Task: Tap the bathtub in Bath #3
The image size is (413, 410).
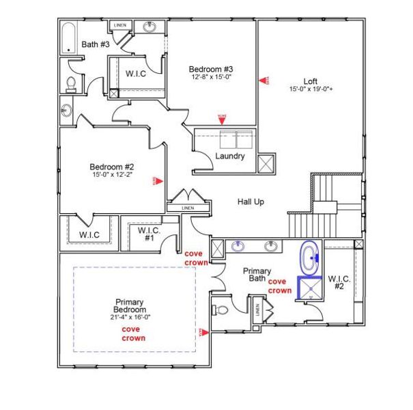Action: tap(69, 39)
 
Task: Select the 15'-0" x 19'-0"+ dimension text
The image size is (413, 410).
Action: tap(311, 88)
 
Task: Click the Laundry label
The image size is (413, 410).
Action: tap(230, 156)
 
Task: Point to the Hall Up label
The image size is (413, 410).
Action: tap(251, 202)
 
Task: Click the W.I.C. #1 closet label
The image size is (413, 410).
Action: tap(149, 234)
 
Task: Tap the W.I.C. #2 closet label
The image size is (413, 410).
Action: tap(339, 282)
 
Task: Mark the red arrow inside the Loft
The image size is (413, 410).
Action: tap(262, 80)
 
